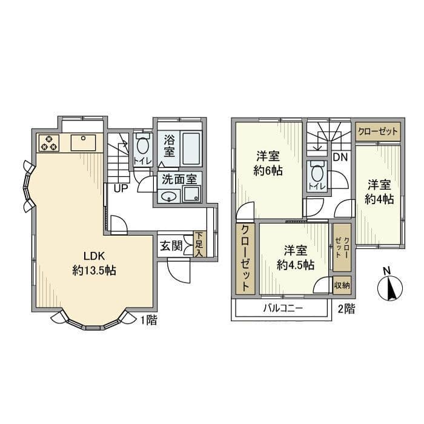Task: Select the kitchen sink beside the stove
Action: tap(81, 143)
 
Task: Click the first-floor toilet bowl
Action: tap(143, 147)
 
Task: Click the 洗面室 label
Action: tap(178, 179)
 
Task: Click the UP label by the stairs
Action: tap(121, 188)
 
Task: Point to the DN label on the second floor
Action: tap(339, 156)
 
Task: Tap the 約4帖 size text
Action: tap(379, 199)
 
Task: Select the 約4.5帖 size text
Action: tap(295, 265)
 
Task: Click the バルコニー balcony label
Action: tap(282, 308)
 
